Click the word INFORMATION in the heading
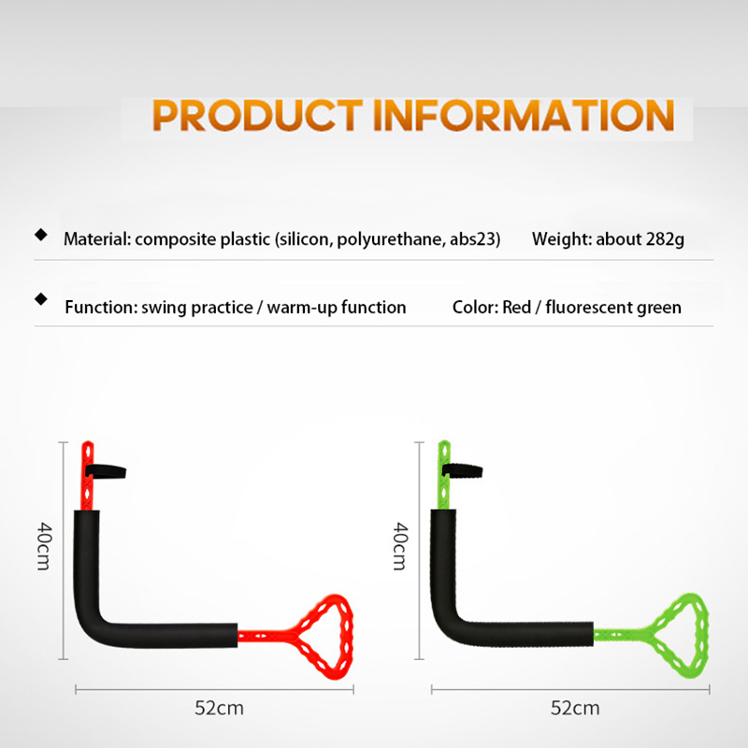coord(524,115)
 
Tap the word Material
coord(97,239)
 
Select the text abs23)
coord(475,239)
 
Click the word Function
coord(101,308)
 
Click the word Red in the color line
coord(516,308)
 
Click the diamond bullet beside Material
coord(41,235)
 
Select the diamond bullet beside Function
coord(41,299)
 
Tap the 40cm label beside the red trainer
coord(44,546)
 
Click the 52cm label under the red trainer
coord(219,709)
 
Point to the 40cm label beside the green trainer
coord(400,546)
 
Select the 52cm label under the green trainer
coord(575,709)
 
